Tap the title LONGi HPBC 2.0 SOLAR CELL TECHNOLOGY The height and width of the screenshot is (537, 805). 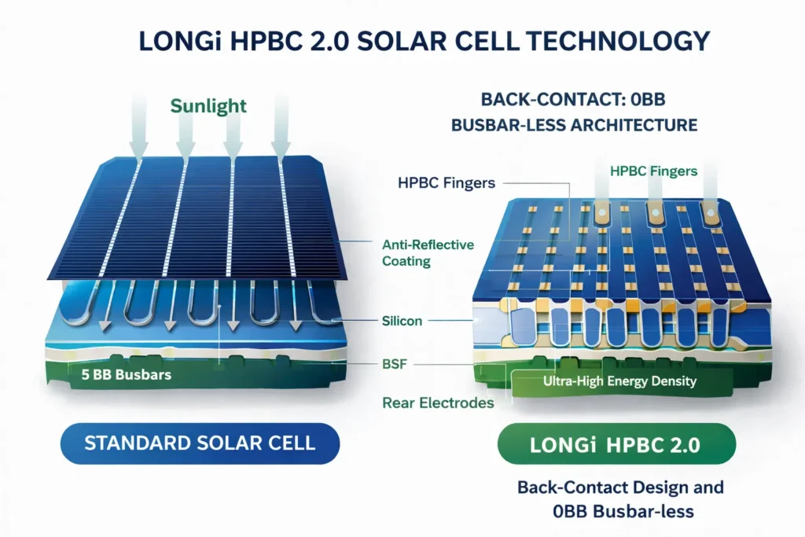402,40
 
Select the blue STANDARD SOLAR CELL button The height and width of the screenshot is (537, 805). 200,442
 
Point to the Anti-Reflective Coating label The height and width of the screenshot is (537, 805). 428,253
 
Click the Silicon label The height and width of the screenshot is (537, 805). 401,321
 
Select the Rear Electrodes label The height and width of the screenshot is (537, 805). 438,403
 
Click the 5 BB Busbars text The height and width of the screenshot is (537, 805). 126,375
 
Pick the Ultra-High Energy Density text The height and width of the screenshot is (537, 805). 620,382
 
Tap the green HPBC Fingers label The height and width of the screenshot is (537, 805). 653,171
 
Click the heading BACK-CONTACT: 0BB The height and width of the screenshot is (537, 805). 577,101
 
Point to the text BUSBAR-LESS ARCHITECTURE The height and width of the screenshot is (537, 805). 577,125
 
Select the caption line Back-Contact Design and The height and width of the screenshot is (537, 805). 620,487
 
